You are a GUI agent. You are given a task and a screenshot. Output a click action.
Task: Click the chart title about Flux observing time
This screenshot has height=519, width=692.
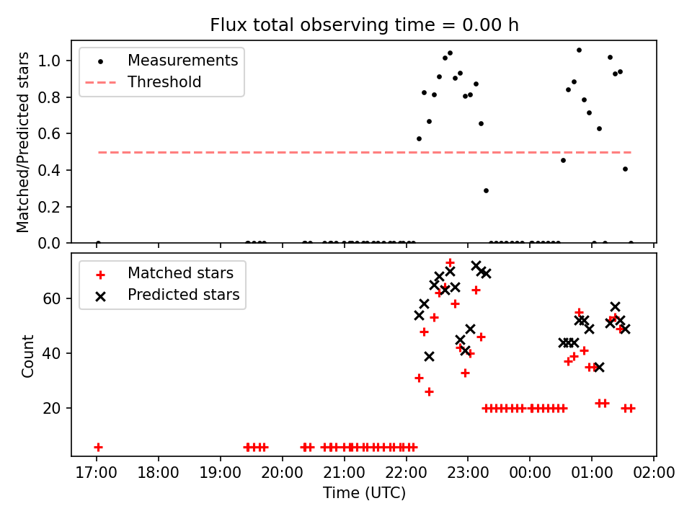tap(364, 25)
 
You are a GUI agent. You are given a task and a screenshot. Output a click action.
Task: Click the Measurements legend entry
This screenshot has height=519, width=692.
tap(182, 61)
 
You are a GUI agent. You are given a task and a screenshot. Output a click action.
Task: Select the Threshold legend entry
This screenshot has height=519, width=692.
tap(164, 82)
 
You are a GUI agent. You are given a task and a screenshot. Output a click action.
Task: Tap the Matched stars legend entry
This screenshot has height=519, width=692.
tap(180, 273)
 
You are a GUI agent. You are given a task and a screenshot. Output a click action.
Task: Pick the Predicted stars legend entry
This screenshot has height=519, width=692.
tap(183, 295)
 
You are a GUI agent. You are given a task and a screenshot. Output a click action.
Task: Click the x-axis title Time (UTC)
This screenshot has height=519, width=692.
tap(364, 493)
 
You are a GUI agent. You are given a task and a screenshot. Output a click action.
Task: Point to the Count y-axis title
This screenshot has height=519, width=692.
tap(27, 355)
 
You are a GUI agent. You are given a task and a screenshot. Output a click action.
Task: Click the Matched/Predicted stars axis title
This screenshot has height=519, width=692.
tap(23, 142)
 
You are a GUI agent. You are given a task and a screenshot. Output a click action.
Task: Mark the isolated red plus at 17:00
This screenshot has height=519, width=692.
tap(98, 447)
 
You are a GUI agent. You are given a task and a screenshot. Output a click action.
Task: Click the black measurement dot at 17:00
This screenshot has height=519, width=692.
tap(98, 243)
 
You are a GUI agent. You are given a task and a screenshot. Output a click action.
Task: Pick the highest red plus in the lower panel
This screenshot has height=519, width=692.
tap(450, 262)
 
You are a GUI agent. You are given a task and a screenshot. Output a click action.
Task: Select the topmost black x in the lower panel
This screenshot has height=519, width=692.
tap(476, 266)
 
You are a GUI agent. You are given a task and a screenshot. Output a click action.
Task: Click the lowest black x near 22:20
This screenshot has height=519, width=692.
tap(429, 356)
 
